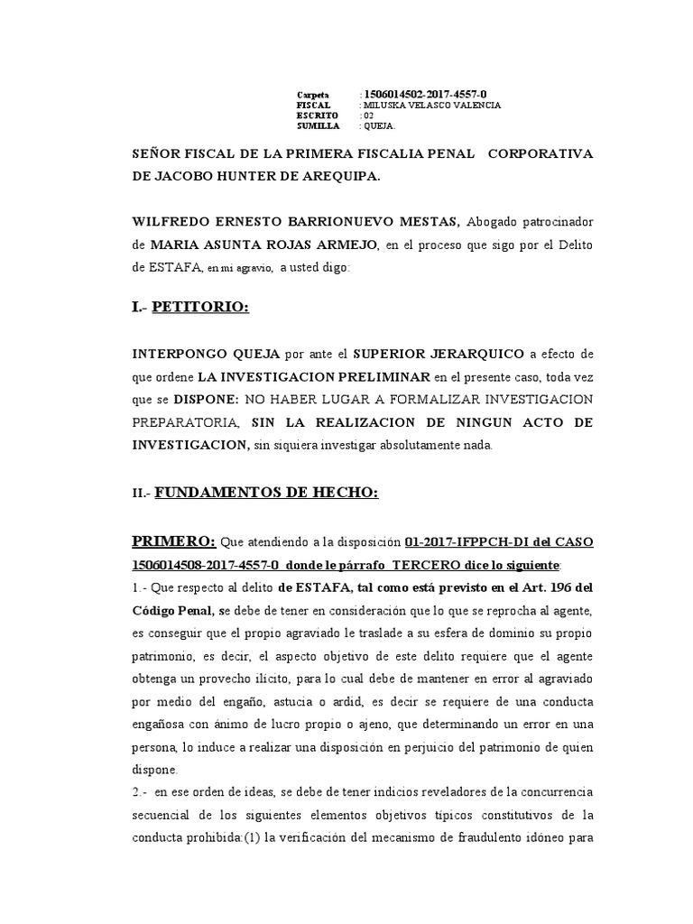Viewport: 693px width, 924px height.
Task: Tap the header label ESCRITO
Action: click(317, 116)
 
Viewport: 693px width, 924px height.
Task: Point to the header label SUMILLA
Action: click(319, 127)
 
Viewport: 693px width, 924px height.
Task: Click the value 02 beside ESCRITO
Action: click(366, 116)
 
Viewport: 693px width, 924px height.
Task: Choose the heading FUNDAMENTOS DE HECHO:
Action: click(266, 492)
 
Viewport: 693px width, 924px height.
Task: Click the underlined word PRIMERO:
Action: click(174, 541)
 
